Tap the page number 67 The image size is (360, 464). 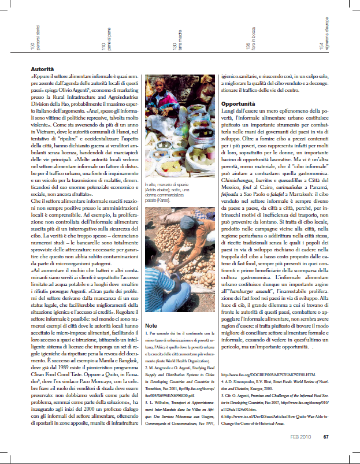click(326, 453)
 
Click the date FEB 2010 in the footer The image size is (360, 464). click(303, 453)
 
